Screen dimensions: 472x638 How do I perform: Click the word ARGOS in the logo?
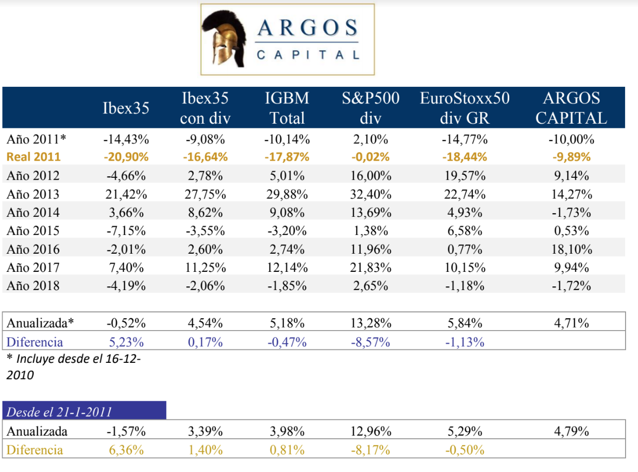coord(307,28)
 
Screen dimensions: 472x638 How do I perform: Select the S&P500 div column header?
coord(371,108)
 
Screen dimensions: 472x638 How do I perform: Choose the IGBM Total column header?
coord(288,108)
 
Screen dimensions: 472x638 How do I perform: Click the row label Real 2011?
coord(33,157)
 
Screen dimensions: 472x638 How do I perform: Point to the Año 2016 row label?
coord(33,249)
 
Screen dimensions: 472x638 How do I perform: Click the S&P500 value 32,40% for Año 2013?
coord(371,194)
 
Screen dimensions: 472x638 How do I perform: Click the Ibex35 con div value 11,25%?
coord(205,268)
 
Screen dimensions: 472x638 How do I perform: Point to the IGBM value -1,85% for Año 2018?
coord(288,286)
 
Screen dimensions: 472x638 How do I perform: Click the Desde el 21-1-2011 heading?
coord(59,412)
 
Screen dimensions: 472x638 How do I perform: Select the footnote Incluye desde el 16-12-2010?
coord(73,366)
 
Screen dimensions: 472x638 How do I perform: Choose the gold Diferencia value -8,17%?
coord(371,450)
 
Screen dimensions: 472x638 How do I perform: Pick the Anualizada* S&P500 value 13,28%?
coord(371,323)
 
